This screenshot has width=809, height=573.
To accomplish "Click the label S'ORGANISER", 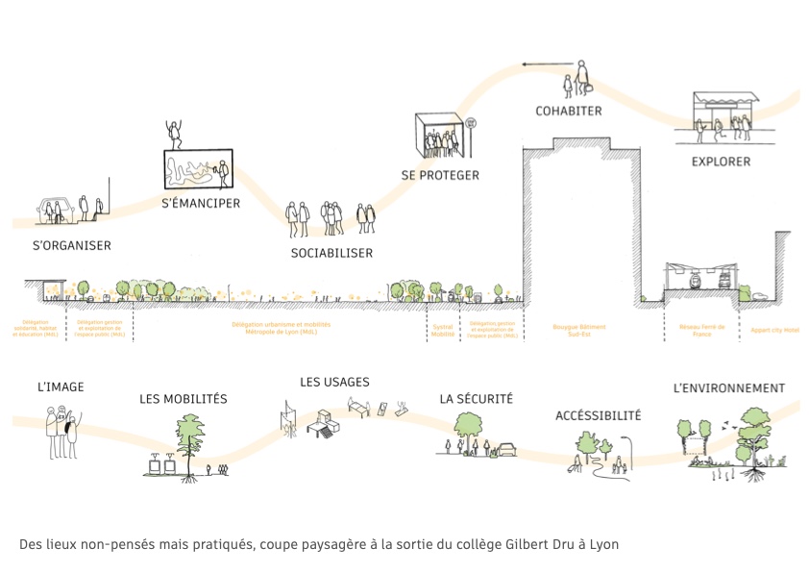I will (72, 246).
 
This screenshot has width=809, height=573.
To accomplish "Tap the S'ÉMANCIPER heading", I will (201, 204).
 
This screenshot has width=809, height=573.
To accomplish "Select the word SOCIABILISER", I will (331, 254).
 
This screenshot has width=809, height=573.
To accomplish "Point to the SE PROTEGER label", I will (440, 176).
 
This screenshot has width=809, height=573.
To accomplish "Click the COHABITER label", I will (569, 112).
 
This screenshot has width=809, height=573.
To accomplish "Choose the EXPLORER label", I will (721, 162).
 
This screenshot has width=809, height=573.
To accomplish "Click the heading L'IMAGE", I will (61, 387).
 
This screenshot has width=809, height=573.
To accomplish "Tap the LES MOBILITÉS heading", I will (184, 399).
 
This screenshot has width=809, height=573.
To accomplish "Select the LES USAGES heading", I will (334, 383).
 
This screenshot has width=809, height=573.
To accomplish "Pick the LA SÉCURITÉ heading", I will (477, 399).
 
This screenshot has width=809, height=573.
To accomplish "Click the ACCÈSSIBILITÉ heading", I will (598, 416).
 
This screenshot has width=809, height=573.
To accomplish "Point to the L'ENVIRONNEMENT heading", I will (729, 389).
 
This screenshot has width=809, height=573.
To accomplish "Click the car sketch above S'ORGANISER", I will (56, 209).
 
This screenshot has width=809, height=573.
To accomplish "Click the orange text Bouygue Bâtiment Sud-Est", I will (579, 330).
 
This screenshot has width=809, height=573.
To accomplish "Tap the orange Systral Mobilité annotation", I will (443, 330).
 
